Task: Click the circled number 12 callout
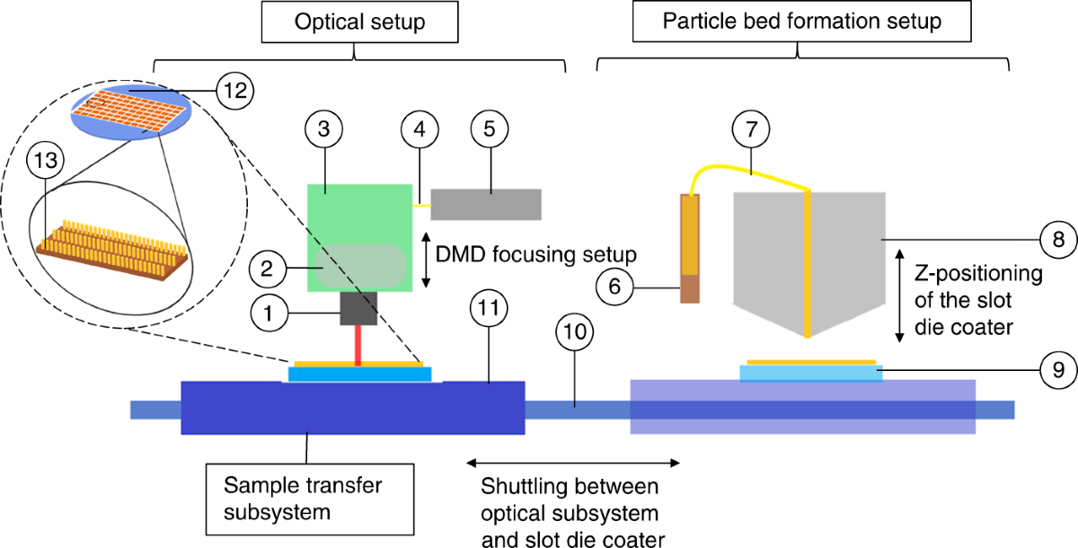pyautogui.click(x=234, y=91)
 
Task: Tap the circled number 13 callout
pyautogui.click(x=46, y=160)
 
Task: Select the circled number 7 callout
pyautogui.click(x=751, y=129)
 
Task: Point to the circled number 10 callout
pyautogui.click(x=575, y=331)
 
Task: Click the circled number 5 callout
pyautogui.click(x=490, y=128)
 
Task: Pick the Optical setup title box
pyautogui.click(x=360, y=22)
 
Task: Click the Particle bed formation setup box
pyautogui.click(x=801, y=22)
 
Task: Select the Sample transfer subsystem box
pyautogui.click(x=310, y=499)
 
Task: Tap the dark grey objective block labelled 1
pyautogui.click(x=358, y=308)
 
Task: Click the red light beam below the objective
pyautogui.click(x=358, y=346)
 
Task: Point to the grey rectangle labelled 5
pyautogui.click(x=486, y=205)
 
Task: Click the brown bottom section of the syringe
pyautogui.click(x=690, y=288)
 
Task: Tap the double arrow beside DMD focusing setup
pyautogui.click(x=426, y=261)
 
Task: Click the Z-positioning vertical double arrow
pyautogui.click(x=899, y=296)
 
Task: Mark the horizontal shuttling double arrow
pyautogui.click(x=573, y=463)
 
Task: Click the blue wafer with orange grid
pyautogui.click(x=131, y=110)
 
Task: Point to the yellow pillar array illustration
pyautogui.click(x=111, y=250)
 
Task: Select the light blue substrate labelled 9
pyautogui.click(x=811, y=373)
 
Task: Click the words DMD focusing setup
pyautogui.click(x=535, y=254)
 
